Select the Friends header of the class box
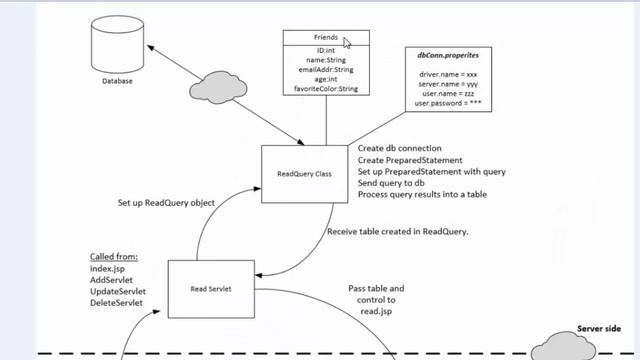tap(325, 38)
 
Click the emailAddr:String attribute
tap(325, 71)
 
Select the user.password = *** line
tap(450, 104)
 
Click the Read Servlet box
tap(211, 288)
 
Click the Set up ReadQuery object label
tap(168, 203)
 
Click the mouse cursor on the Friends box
tap(347, 43)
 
